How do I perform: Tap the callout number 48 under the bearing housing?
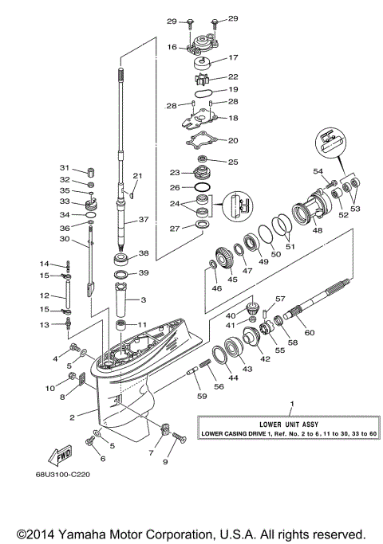318,231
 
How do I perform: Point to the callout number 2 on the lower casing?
73,416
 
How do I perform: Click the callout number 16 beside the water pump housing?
172,48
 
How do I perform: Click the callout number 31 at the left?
65,168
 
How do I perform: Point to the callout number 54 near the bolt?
318,171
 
